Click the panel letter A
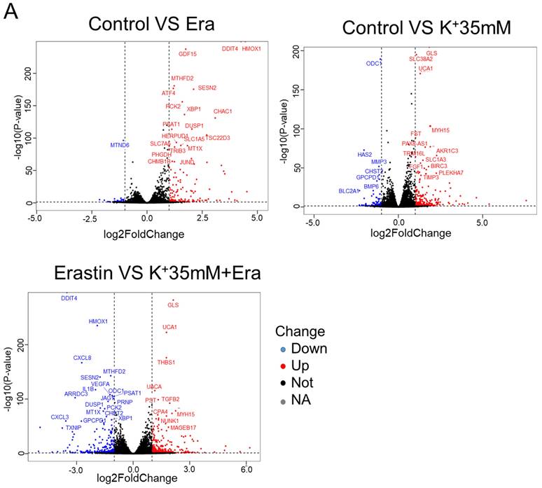coord(11,14)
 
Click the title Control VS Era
coord(151,24)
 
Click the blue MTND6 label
coord(120,145)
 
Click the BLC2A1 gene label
coord(349,190)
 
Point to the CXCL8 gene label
coord(82,358)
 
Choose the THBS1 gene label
coord(166,362)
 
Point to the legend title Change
coord(300,330)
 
